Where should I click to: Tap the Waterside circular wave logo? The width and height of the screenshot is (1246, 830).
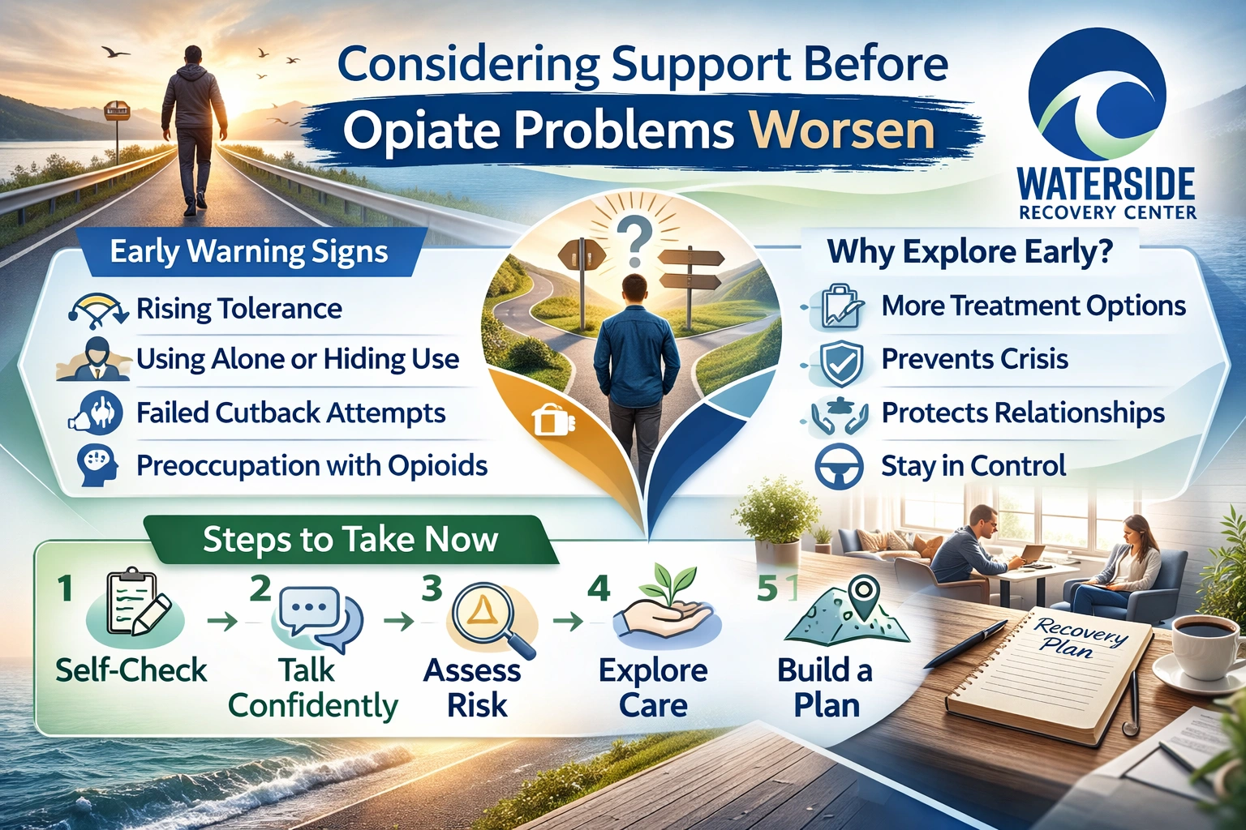point(1097,95)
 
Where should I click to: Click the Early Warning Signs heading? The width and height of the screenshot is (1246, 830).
point(249,251)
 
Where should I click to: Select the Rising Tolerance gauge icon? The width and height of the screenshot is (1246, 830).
point(97,309)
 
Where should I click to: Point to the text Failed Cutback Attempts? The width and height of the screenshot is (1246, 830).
point(290,413)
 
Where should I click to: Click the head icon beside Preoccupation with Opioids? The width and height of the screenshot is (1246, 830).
point(97,465)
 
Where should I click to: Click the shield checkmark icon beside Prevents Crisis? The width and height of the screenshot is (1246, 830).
point(840,362)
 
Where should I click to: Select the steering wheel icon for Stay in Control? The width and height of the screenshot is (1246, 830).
point(838,467)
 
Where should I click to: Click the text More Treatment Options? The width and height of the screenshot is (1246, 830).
point(1033,306)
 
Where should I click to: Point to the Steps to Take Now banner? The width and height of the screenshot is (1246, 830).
point(350,540)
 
